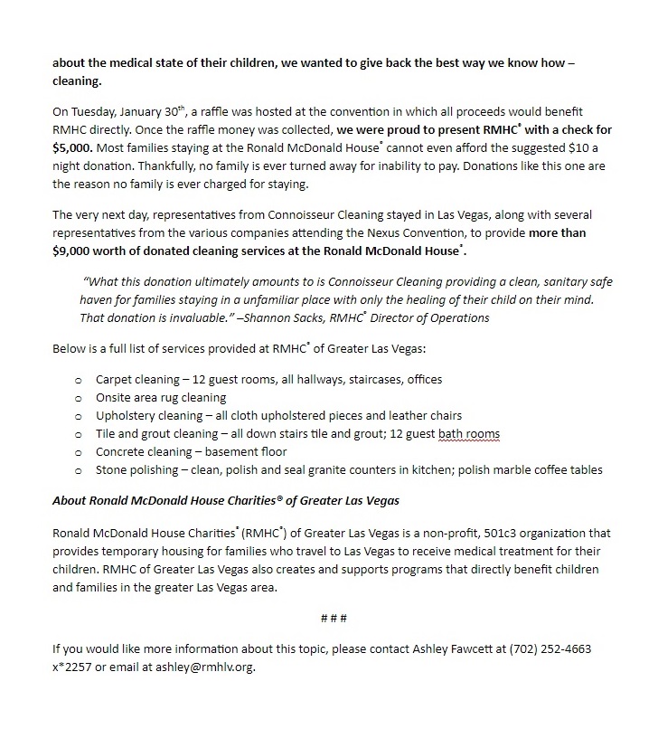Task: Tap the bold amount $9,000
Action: pos(76,251)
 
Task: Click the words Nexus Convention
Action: pos(409,233)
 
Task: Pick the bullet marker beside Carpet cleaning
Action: pos(79,380)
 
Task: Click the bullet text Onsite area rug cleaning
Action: pos(161,398)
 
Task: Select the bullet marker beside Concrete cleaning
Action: pos(79,452)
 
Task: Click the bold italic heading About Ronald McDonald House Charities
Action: pos(226,500)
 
